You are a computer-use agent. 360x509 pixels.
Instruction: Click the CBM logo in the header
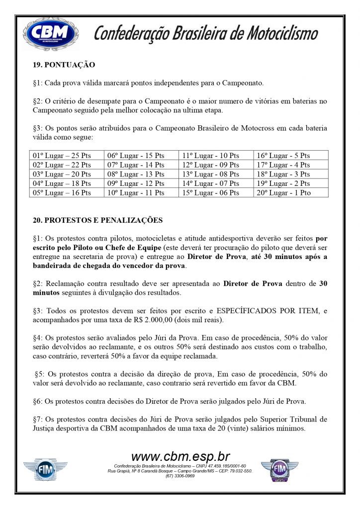click(51, 33)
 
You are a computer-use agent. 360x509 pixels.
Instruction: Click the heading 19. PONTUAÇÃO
click(64, 65)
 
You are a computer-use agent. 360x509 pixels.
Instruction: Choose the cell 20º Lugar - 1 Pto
click(283, 193)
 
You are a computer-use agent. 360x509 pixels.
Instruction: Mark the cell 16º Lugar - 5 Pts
click(283, 156)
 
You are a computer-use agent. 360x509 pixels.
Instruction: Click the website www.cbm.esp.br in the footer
click(180, 456)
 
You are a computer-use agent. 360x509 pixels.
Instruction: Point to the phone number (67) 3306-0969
click(180, 476)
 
